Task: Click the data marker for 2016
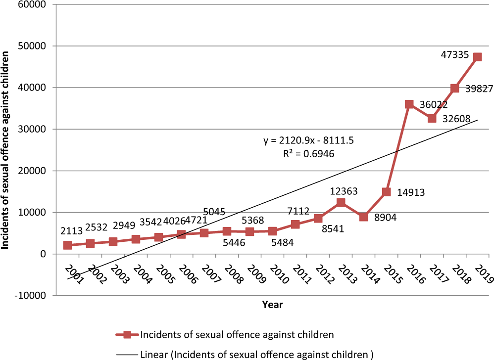tap(409, 104)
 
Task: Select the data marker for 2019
tap(477, 57)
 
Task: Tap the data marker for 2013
tap(341, 203)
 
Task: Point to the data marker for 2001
tap(67, 245)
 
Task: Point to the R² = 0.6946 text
tap(308, 154)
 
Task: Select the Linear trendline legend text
tap(256, 354)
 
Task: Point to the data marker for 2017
tap(432, 118)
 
